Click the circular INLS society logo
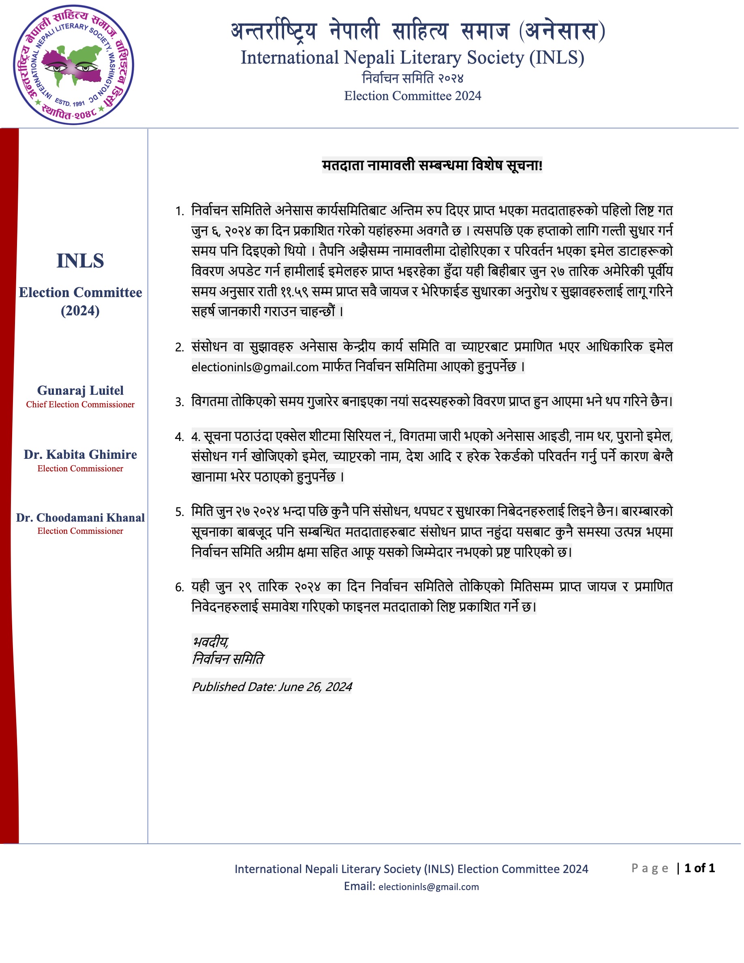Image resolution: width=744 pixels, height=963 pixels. [74, 65]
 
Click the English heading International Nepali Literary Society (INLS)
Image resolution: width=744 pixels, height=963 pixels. [412, 58]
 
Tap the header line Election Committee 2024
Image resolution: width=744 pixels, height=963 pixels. [412, 96]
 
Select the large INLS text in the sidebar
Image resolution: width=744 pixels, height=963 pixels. [80, 261]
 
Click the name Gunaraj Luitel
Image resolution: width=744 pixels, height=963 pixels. [80, 390]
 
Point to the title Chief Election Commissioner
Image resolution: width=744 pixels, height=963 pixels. [80, 404]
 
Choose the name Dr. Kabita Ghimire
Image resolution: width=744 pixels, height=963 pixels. [80, 454]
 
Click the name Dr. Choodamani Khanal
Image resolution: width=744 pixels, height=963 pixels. [80, 517]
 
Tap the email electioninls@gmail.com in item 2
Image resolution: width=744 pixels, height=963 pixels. [255, 367]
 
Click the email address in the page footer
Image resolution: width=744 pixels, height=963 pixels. [428, 887]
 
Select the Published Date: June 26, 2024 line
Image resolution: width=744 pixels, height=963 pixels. [272, 687]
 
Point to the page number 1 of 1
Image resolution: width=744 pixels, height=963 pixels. [699, 868]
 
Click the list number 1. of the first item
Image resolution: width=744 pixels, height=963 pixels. [180, 211]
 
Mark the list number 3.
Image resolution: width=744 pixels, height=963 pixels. [180, 402]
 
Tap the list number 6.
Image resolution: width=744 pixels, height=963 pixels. [180, 587]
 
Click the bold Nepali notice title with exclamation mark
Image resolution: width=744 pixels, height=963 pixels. [432, 165]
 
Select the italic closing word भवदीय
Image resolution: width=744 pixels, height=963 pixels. [210, 641]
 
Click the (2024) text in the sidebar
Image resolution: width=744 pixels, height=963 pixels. [80, 311]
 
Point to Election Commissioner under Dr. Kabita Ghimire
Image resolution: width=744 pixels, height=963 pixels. [80, 468]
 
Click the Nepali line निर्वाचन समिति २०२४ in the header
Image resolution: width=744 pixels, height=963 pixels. [412, 78]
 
